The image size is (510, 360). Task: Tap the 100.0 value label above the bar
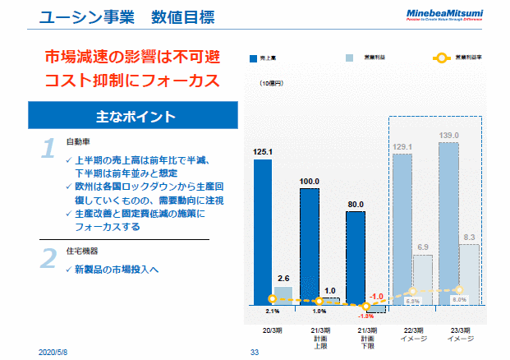tap(309, 181)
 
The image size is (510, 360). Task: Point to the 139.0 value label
tap(448, 135)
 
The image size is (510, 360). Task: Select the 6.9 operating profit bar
tap(422, 280)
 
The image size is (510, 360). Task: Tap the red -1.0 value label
tap(376, 296)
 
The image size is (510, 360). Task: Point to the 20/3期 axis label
tap(273, 330)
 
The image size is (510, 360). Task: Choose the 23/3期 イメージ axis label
tap(457, 334)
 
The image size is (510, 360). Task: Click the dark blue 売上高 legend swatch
tap(255, 58)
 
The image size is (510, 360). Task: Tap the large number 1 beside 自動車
tap(48, 148)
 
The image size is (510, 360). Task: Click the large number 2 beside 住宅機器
tap(48, 257)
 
